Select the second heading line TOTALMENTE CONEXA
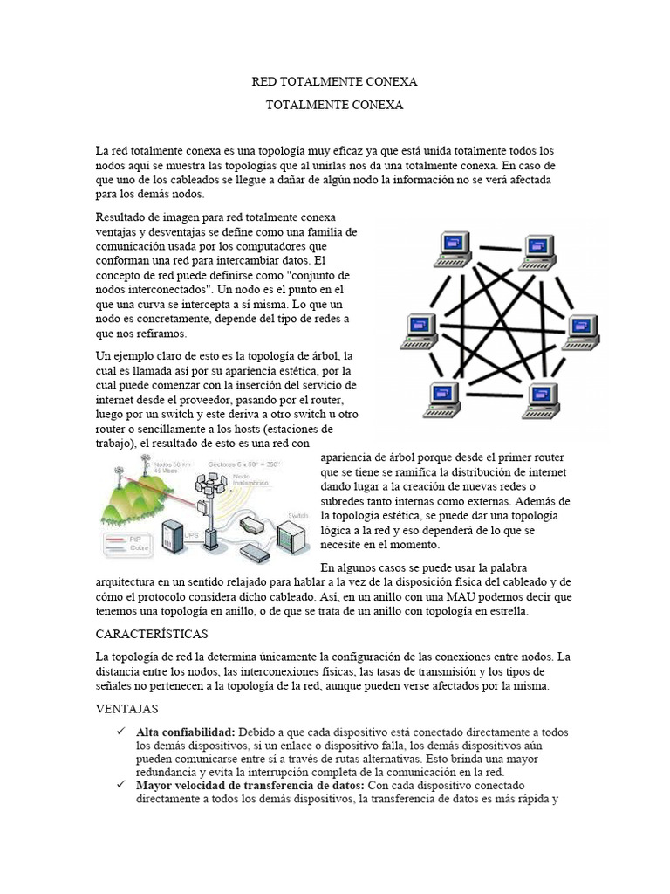(334, 105)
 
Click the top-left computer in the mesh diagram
(454, 247)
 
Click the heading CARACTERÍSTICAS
(150, 632)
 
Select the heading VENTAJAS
(126, 709)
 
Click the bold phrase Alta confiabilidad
(185, 731)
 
